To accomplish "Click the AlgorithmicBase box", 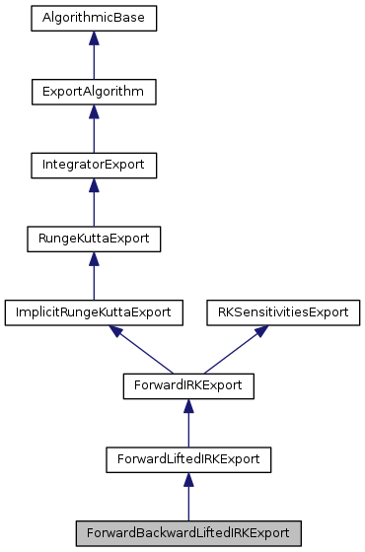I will tap(94, 19).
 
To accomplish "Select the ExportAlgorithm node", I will tap(94, 92).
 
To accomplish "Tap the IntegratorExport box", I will tap(94, 165).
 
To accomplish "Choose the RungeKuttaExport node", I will tap(94, 238).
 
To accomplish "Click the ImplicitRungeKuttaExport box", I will tap(94, 311).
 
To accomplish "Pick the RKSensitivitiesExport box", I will tap(282, 311).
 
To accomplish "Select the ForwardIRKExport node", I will tap(187, 384).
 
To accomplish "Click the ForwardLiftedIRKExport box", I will tap(187, 457).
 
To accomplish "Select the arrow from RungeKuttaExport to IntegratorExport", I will tap(94, 205).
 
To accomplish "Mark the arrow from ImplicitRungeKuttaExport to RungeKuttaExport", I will tap(94, 278).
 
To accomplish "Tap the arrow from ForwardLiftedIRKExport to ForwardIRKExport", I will tap(187, 424).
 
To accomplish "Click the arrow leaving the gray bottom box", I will tap(187, 497).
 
